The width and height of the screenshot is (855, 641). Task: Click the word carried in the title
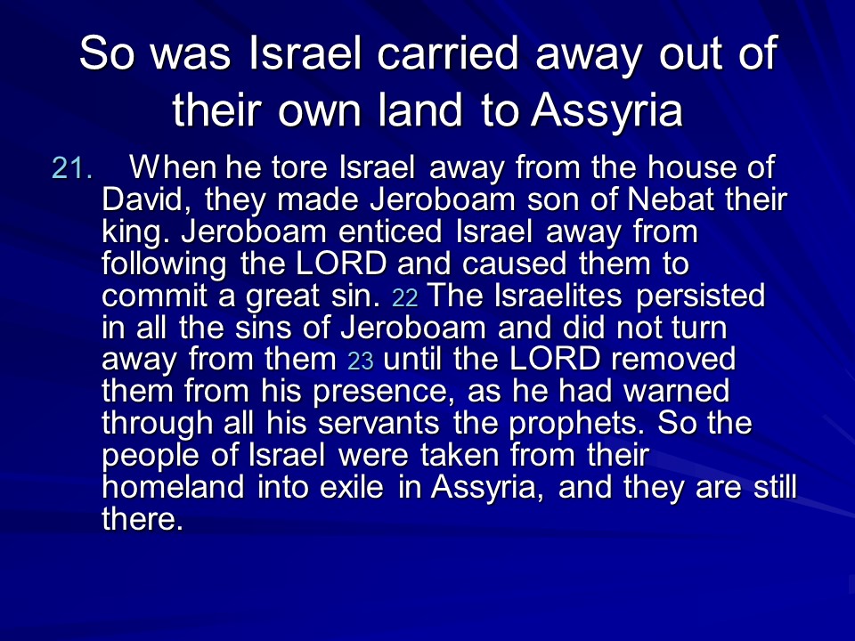[448, 53]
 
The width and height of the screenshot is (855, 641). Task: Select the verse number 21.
[72, 168]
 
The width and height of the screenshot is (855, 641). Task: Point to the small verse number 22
[404, 298]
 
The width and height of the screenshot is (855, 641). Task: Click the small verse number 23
[361, 361]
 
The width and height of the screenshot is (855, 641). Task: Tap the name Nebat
[671, 199]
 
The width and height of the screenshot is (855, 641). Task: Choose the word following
[164, 265]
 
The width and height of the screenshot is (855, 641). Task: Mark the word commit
[154, 296]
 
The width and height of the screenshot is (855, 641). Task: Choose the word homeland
[174, 486]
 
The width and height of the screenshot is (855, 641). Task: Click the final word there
[142, 518]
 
